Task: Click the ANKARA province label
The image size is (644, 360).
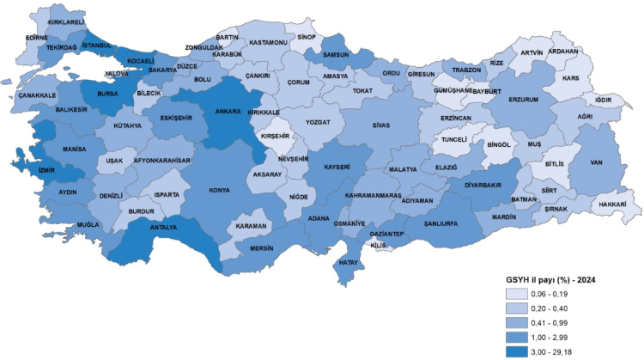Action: (227, 111)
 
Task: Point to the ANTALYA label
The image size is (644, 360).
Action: (163, 228)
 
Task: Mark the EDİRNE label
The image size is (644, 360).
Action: (37, 38)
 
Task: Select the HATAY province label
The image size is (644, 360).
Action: (349, 261)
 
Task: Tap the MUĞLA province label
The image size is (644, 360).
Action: (88, 225)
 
